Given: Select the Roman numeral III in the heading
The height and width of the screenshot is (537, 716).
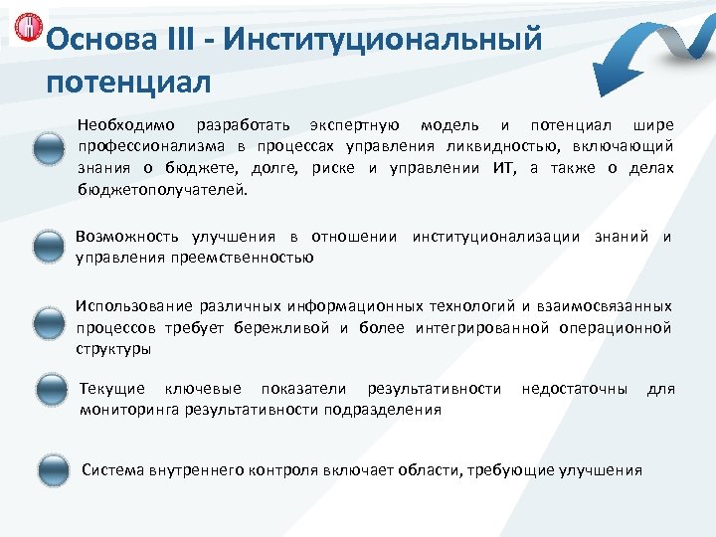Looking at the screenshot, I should pos(176,42).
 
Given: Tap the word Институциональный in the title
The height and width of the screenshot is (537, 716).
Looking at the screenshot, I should pos(384,42).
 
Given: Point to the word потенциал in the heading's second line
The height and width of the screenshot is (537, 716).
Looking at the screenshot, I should pos(128,79).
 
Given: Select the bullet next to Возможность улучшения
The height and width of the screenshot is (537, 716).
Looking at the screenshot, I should pos(48,247).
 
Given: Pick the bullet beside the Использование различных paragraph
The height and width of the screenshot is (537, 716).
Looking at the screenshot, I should pos(48,323).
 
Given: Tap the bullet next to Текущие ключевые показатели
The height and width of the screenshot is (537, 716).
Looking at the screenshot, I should pos(48,391).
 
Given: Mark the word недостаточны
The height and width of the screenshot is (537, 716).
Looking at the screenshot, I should pos(575,388).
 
